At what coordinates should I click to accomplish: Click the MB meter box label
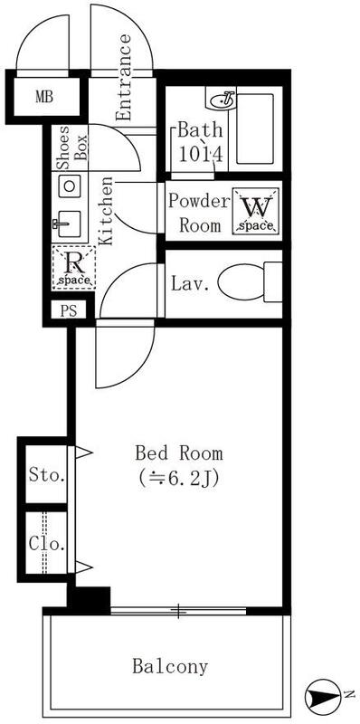[x=44, y=97]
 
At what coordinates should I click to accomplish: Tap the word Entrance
[x=123, y=78]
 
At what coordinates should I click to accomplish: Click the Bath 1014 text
[x=200, y=142]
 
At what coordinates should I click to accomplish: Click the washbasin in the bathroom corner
[x=223, y=99]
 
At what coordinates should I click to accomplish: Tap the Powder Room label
[x=199, y=214]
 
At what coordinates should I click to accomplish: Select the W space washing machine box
[x=256, y=211]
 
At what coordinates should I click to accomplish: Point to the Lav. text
[x=190, y=283]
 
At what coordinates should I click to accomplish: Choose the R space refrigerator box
[x=73, y=267]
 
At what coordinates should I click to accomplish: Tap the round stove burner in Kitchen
[x=70, y=186]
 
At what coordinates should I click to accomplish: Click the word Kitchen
[x=106, y=211]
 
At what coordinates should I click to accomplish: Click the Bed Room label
[x=178, y=453]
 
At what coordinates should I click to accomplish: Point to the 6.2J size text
[x=178, y=479]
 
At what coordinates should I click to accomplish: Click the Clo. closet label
[x=46, y=544]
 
